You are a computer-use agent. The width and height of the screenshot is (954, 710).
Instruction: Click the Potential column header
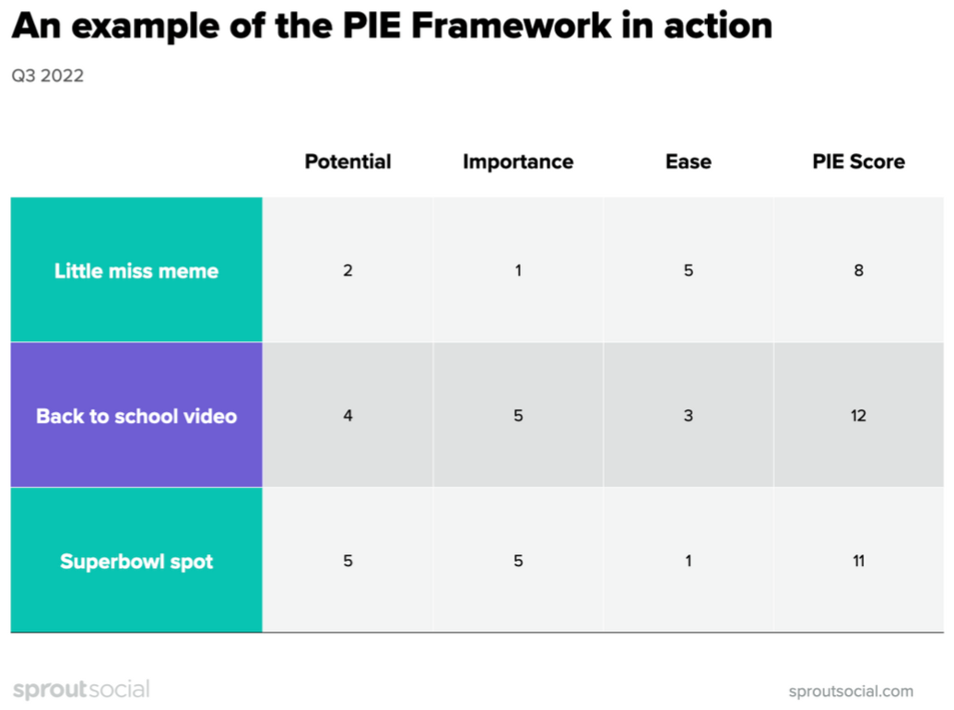coord(347,161)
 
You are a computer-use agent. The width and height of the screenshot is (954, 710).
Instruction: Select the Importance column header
coord(518,161)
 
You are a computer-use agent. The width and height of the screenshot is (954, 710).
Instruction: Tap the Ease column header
coord(688,161)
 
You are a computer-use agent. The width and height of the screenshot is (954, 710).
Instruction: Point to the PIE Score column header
coord(858,161)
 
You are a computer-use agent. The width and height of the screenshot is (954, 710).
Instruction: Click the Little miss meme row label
coord(136,270)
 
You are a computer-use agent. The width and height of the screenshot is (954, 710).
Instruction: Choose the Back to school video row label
coord(136,416)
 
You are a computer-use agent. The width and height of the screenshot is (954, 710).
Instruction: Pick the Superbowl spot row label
coord(136,561)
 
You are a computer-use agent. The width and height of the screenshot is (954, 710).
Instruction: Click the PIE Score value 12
coord(858,416)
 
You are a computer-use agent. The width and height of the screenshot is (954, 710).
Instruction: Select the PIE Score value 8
coord(858,270)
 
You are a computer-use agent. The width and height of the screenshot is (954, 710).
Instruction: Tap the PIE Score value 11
coord(858,561)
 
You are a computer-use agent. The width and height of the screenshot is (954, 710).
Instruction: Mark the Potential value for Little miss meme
coord(347,270)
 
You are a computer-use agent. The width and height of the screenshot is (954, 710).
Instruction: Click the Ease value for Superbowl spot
coord(688,561)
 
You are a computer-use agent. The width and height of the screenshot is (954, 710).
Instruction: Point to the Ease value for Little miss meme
coord(688,270)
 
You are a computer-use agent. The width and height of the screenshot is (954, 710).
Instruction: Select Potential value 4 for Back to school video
coord(347,416)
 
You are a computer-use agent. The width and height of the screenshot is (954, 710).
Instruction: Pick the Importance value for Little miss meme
coord(518,270)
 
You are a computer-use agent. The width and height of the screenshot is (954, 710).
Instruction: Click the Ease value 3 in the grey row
coord(688,416)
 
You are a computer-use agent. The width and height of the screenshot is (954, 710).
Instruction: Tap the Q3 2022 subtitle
coord(47,76)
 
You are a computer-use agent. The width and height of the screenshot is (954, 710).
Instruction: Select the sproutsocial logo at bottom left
coord(81,689)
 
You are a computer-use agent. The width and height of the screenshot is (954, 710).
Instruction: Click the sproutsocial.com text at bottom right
coord(851,691)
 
